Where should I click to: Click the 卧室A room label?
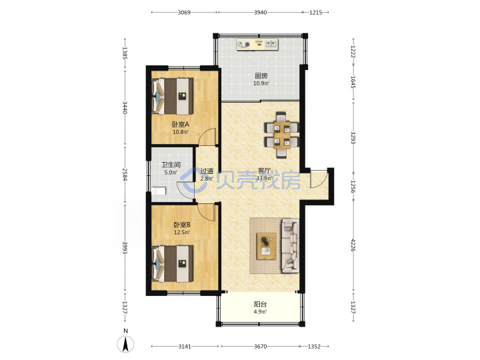pyautogui.click(x=180, y=124)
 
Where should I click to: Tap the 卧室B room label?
pyautogui.click(x=182, y=225)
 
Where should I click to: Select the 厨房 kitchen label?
pyautogui.click(x=261, y=75)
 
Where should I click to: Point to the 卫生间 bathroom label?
pyautogui.click(x=171, y=165)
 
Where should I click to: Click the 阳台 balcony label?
pyautogui.click(x=260, y=304)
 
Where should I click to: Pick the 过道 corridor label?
pyautogui.click(x=207, y=171)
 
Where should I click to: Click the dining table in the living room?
pyautogui.click(x=282, y=135)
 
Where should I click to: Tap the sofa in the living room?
pyautogui.click(x=290, y=245)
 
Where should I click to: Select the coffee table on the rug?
pyautogui.click(x=266, y=246)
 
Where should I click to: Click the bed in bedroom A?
pyautogui.click(x=173, y=96)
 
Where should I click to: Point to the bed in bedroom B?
pyautogui.click(x=173, y=263)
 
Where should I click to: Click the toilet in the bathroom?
pyautogui.click(x=159, y=191)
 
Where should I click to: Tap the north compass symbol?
pyautogui.click(x=125, y=344)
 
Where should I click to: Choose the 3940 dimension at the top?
pyautogui.click(x=260, y=13)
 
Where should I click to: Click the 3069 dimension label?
pyautogui.click(x=184, y=13)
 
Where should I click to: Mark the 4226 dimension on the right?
pyautogui.click(x=353, y=245)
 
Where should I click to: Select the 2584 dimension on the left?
pyautogui.click(x=125, y=174)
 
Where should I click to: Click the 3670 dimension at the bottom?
pyautogui.click(x=260, y=347)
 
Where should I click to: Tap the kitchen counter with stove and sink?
pyautogui.click(x=257, y=45)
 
